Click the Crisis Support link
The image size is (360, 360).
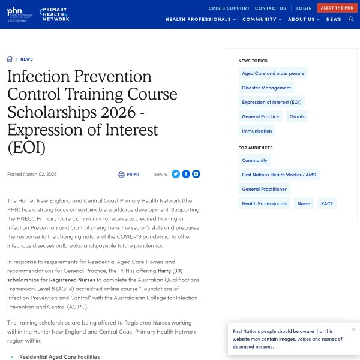(x=229, y=8)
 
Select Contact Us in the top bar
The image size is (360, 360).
(x=270, y=8)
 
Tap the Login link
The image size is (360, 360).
(x=304, y=8)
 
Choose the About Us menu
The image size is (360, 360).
(x=304, y=19)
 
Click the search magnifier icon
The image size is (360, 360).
(x=351, y=19)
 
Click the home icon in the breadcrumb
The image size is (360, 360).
(x=10, y=59)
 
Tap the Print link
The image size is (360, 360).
(x=129, y=174)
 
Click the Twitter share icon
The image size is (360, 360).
(x=176, y=174)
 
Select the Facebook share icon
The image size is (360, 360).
(x=186, y=174)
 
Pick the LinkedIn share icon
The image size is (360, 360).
(x=196, y=174)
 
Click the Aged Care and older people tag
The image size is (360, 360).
(x=273, y=73)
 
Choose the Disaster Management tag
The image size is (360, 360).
(x=266, y=88)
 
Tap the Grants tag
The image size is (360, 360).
(x=297, y=116)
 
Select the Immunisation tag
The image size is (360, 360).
(x=257, y=131)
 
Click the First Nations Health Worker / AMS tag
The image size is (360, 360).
(x=279, y=175)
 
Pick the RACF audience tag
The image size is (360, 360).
(x=327, y=203)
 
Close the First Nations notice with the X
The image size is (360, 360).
(x=353, y=329)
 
